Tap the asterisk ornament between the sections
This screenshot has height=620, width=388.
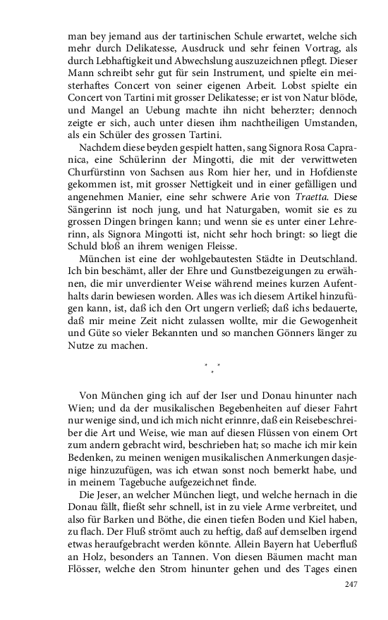(212, 367)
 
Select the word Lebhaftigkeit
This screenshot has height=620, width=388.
(117, 60)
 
